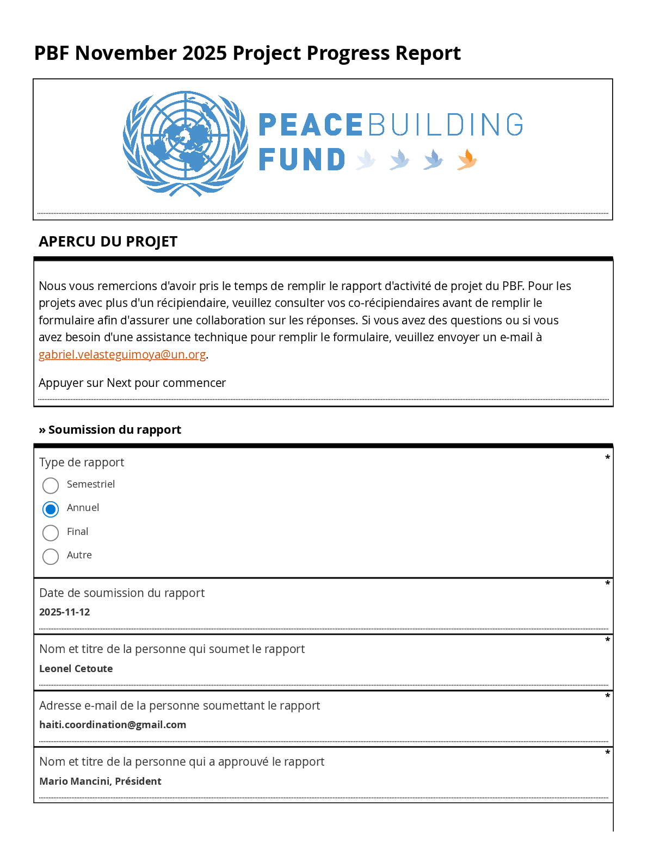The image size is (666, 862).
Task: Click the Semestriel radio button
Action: click(51, 485)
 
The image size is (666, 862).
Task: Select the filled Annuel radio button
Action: click(51, 509)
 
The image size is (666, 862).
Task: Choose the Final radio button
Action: click(51, 533)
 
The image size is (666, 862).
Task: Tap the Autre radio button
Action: click(51, 556)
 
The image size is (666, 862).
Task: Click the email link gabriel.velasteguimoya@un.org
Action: click(122, 354)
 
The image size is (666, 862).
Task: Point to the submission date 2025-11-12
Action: click(65, 612)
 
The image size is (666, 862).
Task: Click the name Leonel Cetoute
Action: click(76, 669)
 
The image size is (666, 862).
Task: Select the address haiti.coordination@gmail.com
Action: click(113, 725)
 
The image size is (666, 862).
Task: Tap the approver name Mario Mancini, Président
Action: click(100, 781)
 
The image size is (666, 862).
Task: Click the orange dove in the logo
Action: click(467, 160)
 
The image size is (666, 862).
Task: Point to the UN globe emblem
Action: click(185, 143)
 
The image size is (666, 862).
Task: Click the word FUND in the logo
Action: click(302, 160)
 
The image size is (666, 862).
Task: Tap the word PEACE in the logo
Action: click(310, 125)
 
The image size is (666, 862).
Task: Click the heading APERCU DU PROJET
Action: click(108, 242)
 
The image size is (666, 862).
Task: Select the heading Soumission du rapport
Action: click(114, 430)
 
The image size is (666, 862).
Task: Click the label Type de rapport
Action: click(82, 463)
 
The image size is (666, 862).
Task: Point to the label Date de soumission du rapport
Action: click(122, 593)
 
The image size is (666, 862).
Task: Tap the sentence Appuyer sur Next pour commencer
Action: click(132, 383)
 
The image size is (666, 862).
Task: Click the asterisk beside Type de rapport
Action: click(607, 458)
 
